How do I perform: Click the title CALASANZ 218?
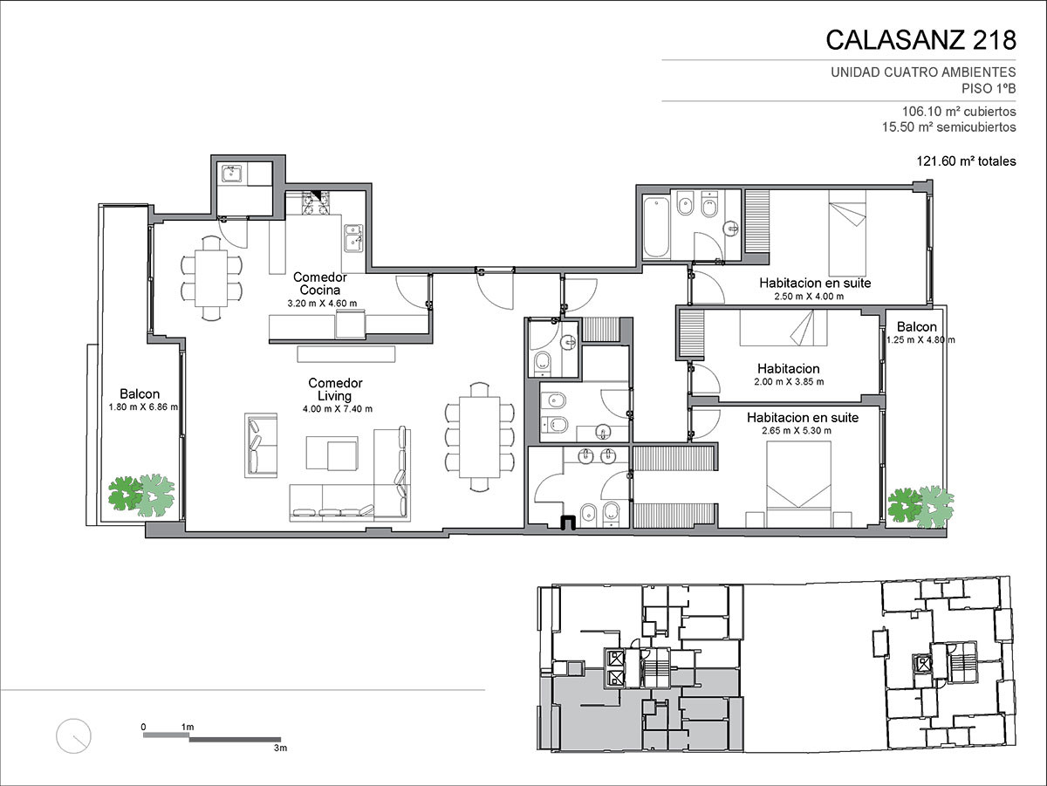click(920, 40)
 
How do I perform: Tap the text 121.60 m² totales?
click(966, 161)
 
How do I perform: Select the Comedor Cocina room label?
click(320, 284)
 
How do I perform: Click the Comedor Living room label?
click(335, 389)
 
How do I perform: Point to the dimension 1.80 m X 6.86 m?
click(143, 407)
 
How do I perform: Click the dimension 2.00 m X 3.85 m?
click(789, 381)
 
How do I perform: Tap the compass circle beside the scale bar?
click(73, 736)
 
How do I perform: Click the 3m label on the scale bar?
click(280, 748)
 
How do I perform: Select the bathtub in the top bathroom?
click(656, 228)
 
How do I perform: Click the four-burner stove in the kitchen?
click(315, 203)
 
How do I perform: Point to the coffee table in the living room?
click(332, 453)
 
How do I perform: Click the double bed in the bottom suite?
click(798, 483)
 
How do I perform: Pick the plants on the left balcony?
click(141, 495)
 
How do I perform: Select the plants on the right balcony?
click(920, 507)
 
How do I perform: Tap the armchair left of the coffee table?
click(261, 446)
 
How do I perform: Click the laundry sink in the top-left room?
click(232, 174)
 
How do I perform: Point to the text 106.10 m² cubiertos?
click(959, 112)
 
